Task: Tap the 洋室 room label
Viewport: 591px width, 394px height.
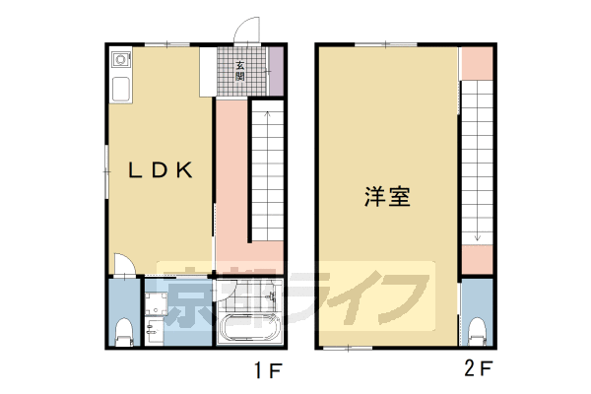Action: point(387,196)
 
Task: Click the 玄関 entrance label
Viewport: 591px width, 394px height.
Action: point(240,72)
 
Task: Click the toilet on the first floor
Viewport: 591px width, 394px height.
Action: point(123,331)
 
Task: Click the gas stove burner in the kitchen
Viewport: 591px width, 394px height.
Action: point(119,61)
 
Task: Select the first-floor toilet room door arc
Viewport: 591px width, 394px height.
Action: point(123,266)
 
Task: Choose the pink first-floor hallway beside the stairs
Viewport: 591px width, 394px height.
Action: point(230,177)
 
